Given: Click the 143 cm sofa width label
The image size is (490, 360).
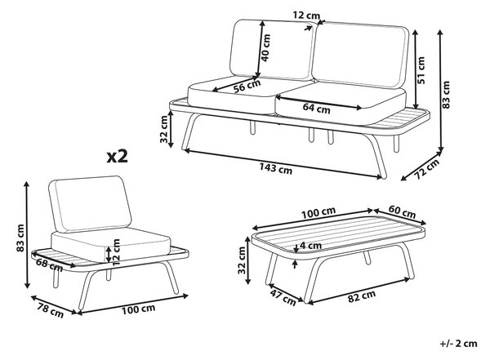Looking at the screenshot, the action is (x=276, y=169).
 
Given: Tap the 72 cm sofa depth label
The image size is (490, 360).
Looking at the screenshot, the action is (x=427, y=169).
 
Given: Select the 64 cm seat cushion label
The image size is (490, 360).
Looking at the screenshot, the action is (x=316, y=109).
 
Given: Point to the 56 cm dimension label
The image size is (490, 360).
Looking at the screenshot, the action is (x=247, y=86).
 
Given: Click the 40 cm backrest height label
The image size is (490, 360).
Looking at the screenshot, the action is (x=265, y=48).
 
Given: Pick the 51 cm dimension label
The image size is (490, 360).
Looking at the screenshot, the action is (x=421, y=70).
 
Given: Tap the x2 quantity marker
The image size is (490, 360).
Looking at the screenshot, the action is (x=117, y=156).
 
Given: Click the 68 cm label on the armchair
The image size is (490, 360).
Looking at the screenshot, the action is (x=49, y=264).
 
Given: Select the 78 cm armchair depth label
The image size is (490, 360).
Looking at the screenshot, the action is (x=51, y=311).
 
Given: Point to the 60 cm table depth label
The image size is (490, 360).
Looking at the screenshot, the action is (x=402, y=212).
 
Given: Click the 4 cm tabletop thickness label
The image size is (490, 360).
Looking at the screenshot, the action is (x=310, y=246).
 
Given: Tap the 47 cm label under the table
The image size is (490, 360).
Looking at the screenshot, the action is (x=283, y=297).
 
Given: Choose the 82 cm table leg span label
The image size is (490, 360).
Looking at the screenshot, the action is (x=362, y=296).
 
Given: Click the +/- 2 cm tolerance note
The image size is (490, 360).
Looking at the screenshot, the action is (x=459, y=344).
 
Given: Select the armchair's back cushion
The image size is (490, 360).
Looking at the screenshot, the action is (x=90, y=204).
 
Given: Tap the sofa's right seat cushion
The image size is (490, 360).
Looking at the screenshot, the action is (x=341, y=100).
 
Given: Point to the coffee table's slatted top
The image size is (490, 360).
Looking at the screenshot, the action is (x=338, y=235).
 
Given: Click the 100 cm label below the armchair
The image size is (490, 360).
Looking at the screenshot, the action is (x=138, y=309).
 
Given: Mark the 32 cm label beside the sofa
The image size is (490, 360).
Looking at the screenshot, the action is (x=164, y=129).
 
